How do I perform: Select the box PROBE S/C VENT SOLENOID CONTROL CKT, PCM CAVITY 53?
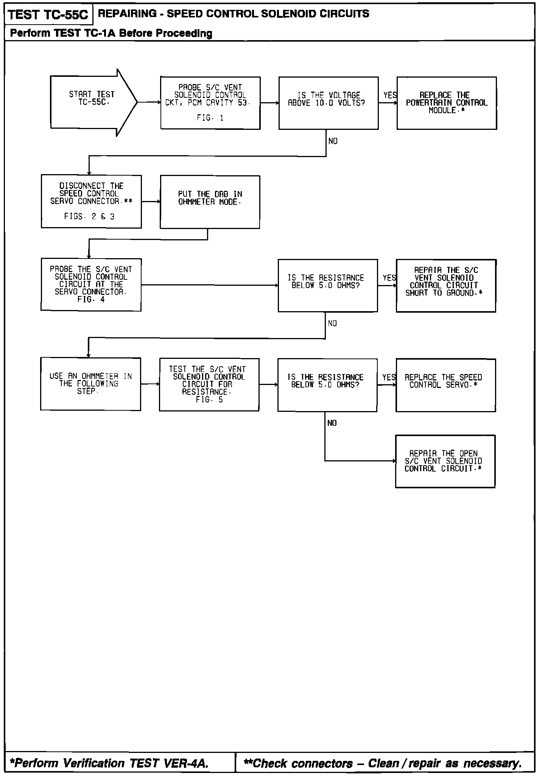click(210, 103)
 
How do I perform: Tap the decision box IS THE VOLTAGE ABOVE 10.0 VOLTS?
click(328, 103)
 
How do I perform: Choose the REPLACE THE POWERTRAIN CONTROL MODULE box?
click(447, 103)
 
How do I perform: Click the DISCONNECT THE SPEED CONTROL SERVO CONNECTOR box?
click(91, 201)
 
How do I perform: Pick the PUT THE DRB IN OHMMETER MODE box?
click(210, 202)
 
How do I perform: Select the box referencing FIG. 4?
click(91, 285)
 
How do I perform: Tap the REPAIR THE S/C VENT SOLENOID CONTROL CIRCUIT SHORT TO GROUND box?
click(446, 285)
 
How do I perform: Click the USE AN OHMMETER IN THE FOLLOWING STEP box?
click(90, 384)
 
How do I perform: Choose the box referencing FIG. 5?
click(209, 385)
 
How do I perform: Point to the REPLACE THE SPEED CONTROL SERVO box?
click(445, 385)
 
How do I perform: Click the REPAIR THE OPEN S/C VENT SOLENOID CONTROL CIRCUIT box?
click(445, 461)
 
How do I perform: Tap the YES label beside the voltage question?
click(390, 95)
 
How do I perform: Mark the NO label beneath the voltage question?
click(333, 141)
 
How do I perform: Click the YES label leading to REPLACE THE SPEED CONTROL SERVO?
click(389, 377)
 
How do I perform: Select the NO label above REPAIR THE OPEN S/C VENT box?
click(332, 423)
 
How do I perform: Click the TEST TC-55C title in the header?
click(48, 15)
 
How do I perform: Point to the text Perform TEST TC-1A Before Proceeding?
click(111, 33)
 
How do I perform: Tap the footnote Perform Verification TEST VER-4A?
click(109, 763)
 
